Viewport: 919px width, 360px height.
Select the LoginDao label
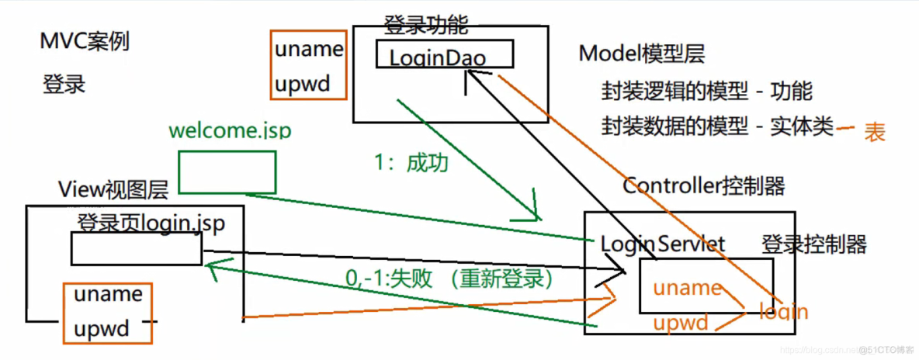click(437, 58)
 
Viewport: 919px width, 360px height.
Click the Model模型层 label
click(642, 54)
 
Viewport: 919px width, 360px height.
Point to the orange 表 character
click(875, 133)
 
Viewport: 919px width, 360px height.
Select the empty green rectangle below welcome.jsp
click(227, 171)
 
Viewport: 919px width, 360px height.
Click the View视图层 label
click(113, 189)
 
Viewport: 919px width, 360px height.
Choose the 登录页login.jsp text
click(151, 223)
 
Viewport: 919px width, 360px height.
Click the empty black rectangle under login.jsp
click(136, 248)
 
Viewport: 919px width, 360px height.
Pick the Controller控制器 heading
click(703, 186)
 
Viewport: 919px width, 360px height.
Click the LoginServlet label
click(662, 244)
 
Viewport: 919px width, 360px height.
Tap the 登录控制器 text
click(814, 245)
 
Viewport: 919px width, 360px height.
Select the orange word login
click(783, 312)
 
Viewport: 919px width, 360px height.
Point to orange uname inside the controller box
click(687, 288)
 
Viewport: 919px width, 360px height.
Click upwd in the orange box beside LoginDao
click(302, 82)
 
